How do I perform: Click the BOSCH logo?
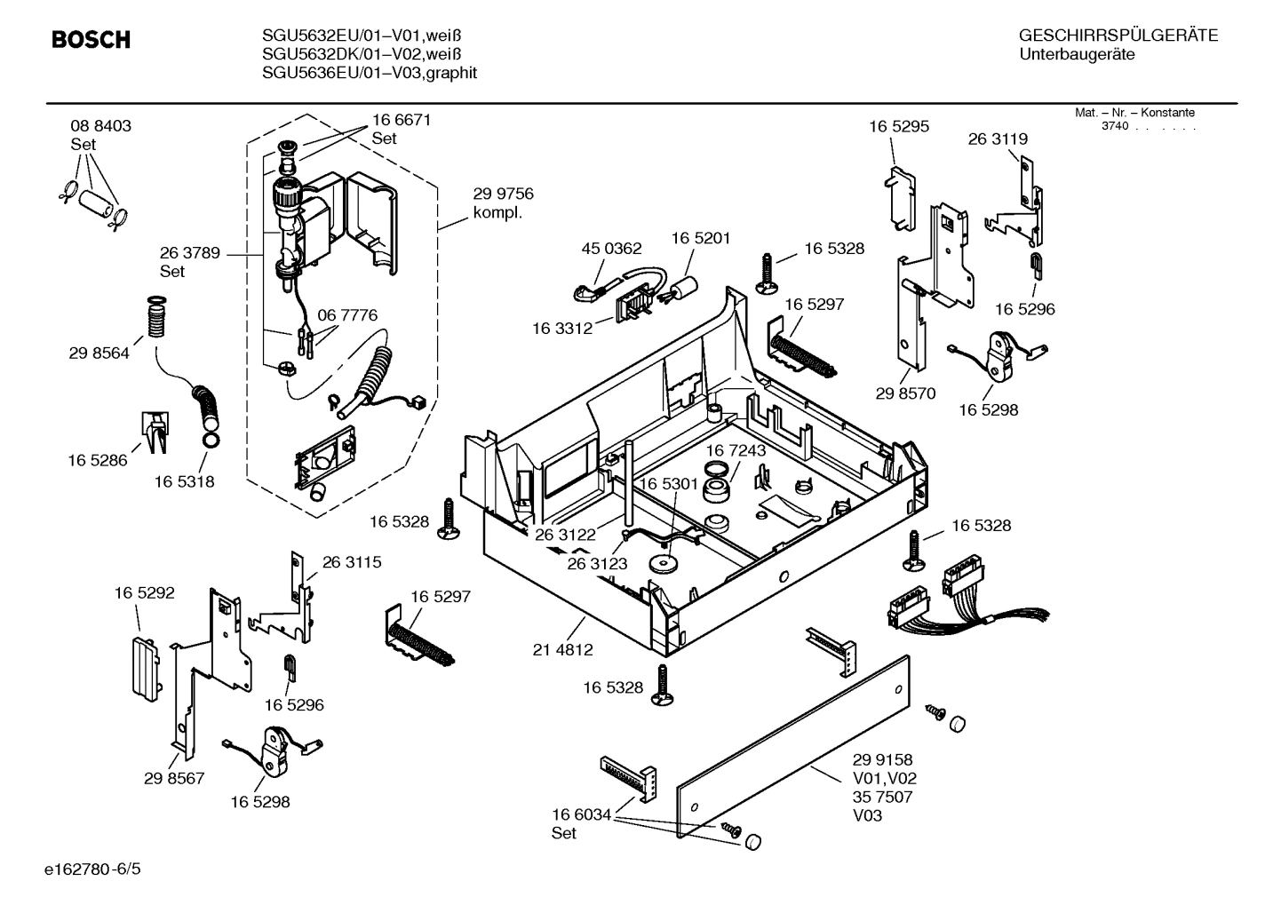(x=91, y=40)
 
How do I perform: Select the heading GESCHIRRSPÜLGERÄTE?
(x=1118, y=36)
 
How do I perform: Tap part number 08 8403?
(x=100, y=126)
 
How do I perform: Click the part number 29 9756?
(x=503, y=194)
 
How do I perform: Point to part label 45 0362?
(x=611, y=249)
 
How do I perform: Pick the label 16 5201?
(x=700, y=238)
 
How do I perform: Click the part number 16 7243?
(x=736, y=451)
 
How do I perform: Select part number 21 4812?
(x=562, y=650)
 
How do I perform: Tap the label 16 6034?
(x=581, y=815)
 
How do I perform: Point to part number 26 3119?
(x=998, y=139)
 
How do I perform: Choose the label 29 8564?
(x=99, y=353)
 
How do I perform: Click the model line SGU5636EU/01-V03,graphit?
(x=370, y=73)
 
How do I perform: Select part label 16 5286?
(x=98, y=460)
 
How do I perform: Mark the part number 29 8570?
(x=905, y=393)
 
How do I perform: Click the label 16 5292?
(x=144, y=592)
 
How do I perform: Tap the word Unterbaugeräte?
(x=1077, y=55)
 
